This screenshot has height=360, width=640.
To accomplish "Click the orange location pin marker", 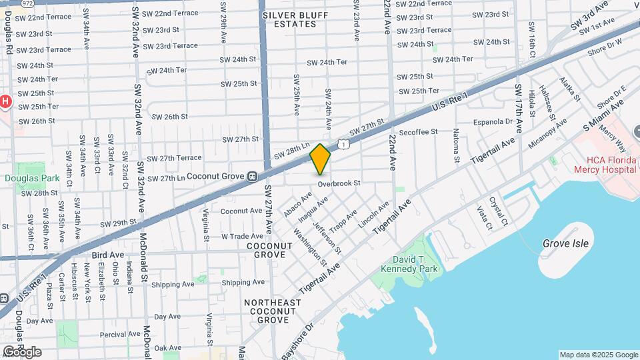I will coord(321,159).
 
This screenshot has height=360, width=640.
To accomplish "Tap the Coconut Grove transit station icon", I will coord(253,177).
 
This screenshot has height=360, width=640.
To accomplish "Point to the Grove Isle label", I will coord(565,243).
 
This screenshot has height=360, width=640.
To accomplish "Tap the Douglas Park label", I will coord(23,178).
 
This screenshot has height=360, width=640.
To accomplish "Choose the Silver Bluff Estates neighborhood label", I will coord(289,19).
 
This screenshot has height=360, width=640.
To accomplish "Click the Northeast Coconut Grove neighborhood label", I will coord(265,311).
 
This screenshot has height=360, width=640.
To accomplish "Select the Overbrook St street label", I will coord(339,183).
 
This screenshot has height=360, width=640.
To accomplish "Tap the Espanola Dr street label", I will coord(492,122).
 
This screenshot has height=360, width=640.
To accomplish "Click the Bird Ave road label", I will coord(108,255).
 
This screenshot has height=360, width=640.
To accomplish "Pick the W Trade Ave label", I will coord(242,236).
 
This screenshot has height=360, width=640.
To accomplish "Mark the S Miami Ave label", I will coord(603,115).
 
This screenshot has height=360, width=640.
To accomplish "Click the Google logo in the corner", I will coord(21,351).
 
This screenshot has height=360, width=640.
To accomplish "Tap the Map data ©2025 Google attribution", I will coord(599,355).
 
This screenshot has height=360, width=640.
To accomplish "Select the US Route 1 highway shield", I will coord(342,143).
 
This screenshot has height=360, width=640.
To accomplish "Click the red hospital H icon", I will coord(5,101).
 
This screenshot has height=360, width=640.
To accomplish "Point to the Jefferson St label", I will coord(327,237).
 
